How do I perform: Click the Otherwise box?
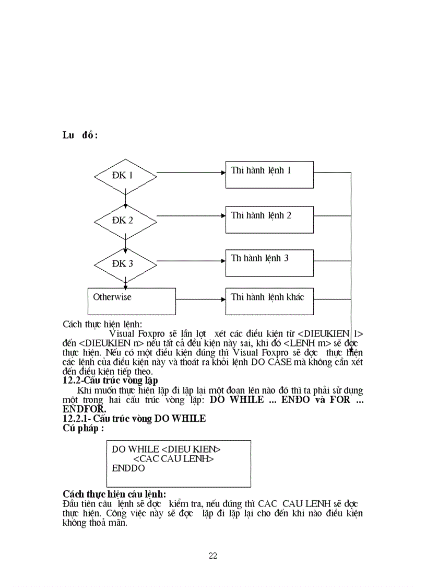[x=131, y=301]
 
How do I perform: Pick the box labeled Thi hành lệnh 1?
[x=269, y=175]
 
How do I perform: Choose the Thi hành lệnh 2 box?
[x=269, y=220]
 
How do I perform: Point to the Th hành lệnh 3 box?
[x=269, y=262]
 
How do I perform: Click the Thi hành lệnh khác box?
[x=269, y=301]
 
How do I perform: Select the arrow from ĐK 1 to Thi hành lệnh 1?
[x=191, y=172]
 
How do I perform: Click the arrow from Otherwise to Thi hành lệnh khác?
[x=200, y=300]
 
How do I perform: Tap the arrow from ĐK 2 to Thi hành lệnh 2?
[x=191, y=215]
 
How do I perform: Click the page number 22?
[x=212, y=556]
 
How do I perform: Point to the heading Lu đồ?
[x=80, y=135]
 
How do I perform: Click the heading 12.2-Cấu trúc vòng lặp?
[x=110, y=380]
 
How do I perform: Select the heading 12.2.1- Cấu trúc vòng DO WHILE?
[x=134, y=419]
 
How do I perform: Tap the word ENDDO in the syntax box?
[x=128, y=468]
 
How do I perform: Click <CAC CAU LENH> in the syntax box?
[x=173, y=458]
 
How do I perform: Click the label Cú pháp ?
[x=83, y=428]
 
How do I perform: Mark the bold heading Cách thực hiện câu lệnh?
[x=114, y=494]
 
